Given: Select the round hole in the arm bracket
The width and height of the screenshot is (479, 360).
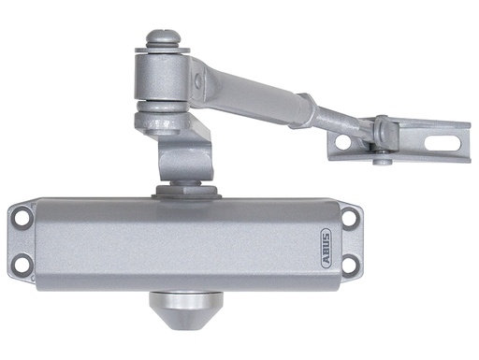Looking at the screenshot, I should (x=343, y=142).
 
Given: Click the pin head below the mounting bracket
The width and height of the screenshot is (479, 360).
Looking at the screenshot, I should (x=382, y=160).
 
